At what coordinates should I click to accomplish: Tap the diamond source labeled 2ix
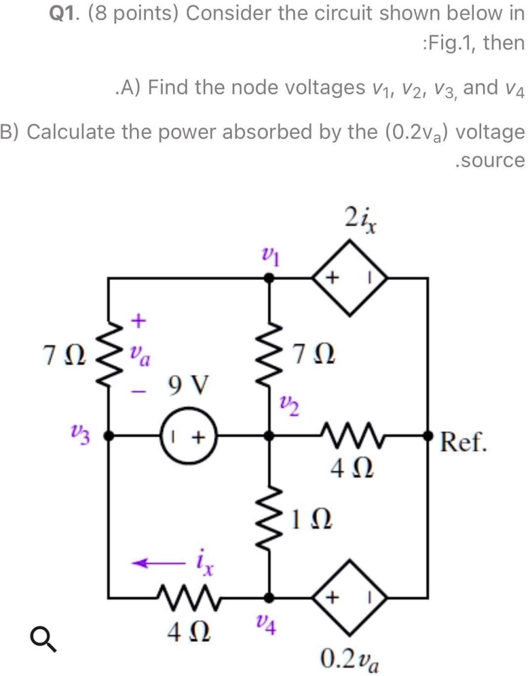click(x=349, y=279)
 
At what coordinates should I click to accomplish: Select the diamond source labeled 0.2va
click(x=349, y=597)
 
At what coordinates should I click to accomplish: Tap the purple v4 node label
click(x=267, y=622)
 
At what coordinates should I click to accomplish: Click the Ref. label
click(x=464, y=443)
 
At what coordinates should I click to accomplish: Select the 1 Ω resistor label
click(x=312, y=523)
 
